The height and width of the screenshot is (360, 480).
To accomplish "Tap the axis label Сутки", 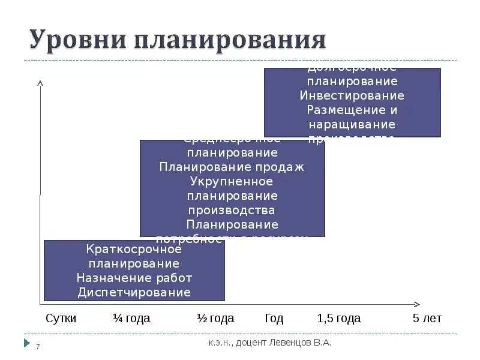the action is (61, 318).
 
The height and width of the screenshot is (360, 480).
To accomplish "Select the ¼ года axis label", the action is (131, 318).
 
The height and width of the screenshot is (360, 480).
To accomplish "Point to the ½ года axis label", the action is (215, 318).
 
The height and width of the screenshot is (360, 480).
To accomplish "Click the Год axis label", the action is (274, 318).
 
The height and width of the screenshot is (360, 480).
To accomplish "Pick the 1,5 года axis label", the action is (338, 318).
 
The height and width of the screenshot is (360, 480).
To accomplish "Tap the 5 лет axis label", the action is (427, 318).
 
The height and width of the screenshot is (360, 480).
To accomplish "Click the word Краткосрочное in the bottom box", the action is (134, 249).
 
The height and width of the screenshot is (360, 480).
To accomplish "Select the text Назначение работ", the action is (134, 278).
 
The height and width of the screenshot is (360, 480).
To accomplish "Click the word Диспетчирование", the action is (134, 292).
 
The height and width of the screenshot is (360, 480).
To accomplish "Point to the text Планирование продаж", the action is (232, 167).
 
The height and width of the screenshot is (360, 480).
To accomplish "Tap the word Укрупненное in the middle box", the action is (232, 181).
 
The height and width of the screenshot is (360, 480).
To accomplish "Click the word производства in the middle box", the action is (232, 210).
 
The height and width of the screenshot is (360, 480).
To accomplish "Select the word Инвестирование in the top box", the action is (352, 95).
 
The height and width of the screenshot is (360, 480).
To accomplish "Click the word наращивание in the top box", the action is (352, 124).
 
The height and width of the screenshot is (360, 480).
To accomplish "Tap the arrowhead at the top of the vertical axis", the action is (40, 83).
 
